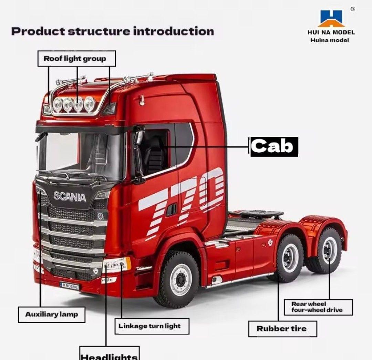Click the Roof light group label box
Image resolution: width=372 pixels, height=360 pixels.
76,59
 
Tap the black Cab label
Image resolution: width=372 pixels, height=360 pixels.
274,147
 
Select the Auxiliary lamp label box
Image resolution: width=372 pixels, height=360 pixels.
52,315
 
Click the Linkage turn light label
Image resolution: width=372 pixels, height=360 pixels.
152,326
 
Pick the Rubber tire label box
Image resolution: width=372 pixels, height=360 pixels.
282,329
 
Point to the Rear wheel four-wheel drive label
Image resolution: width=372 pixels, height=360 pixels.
318,307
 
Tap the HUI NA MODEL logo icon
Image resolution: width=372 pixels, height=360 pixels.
331,19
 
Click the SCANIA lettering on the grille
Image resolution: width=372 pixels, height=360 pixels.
70,196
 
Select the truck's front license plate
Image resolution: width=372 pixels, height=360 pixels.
69,286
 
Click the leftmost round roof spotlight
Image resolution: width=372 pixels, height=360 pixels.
58,104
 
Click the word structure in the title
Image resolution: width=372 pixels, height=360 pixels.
99,31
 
